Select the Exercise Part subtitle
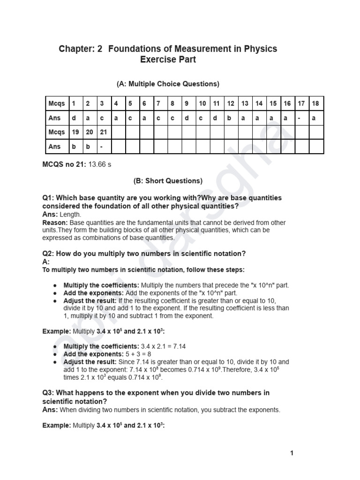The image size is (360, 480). (168, 60)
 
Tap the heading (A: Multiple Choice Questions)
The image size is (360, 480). (168, 84)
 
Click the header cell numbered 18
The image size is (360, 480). (316, 103)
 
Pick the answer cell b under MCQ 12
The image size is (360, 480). (230, 118)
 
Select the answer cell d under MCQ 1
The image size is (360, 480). (74, 118)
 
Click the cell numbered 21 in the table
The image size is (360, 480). (103, 132)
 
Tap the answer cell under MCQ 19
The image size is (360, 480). (74, 146)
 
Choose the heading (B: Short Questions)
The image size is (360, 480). (168, 180)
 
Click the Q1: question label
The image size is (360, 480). (49, 198)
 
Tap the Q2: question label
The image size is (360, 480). (49, 254)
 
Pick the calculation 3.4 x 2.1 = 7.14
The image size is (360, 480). (164, 346)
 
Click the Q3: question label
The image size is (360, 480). (49, 392)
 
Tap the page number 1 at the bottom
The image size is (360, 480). (292, 453)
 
